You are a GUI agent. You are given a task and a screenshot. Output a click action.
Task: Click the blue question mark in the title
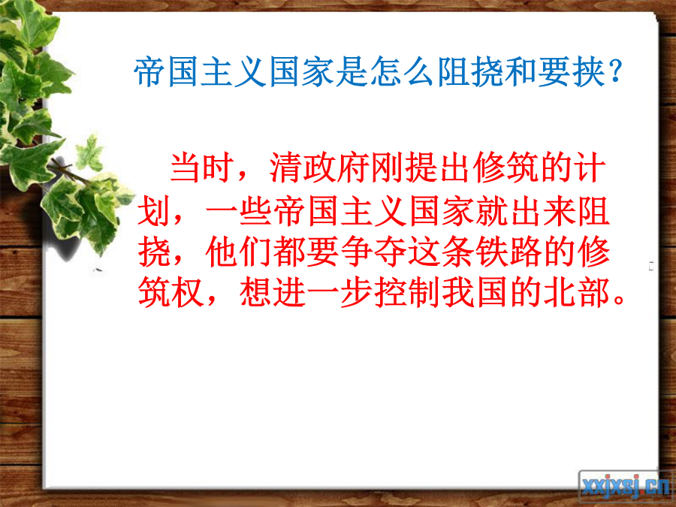coord(615,71)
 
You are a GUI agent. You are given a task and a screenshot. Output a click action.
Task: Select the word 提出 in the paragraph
coord(437,167)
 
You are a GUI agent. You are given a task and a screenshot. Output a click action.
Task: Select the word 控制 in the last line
coord(407,293)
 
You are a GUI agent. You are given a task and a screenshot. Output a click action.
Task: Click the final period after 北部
coord(619,300)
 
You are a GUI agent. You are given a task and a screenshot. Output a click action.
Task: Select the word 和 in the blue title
coord(521,71)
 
